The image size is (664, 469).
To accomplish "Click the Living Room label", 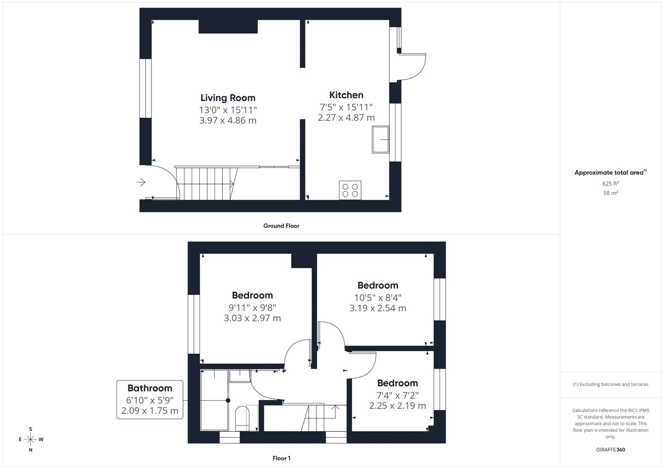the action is click(x=228, y=98).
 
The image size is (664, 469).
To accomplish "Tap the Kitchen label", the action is click(x=346, y=95).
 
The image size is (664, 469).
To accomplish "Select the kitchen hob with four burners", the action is click(x=350, y=190).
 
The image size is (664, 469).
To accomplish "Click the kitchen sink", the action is click(x=380, y=140).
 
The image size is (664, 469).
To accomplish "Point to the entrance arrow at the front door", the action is click(x=141, y=182).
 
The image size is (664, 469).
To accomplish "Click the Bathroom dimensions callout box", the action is click(x=150, y=400).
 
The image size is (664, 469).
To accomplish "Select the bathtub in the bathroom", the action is click(x=215, y=400).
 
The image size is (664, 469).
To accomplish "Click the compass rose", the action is click(x=31, y=440).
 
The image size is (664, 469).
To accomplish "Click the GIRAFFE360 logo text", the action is click(x=610, y=450).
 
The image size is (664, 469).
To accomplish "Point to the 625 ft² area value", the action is click(x=610, y=183).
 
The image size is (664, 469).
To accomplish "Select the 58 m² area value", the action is click(x=610, y=193).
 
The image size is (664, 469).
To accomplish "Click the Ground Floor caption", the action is click(x=281, y=226).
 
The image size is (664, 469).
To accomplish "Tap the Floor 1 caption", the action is click(x=281, y=458).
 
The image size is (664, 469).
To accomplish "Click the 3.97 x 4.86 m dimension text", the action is click(x=228, y=120).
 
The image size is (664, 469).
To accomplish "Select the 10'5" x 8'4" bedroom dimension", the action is click(x=378, y=297).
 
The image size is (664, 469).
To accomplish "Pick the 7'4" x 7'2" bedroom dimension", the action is click(x=398, y=395).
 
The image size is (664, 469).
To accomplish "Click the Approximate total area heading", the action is click(x=610, y=173).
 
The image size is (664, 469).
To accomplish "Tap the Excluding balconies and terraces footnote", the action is click(x=610, y=384).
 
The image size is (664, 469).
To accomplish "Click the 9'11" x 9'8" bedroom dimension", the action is click(x=252, y=308).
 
